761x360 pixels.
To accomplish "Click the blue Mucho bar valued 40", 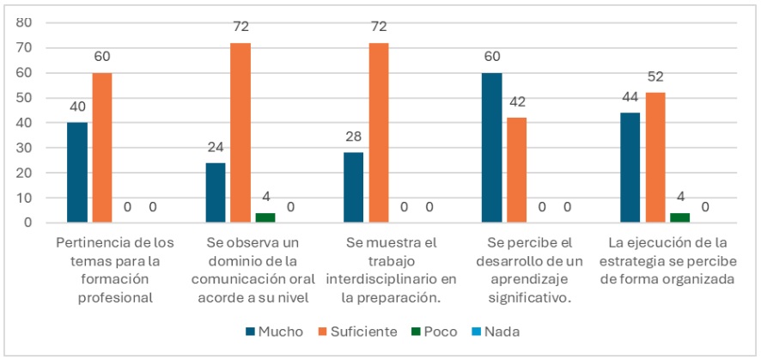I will pyautogui.click(x=77, y=172).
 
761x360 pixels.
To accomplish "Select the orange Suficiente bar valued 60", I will pyautogui.click(x=102, y=148).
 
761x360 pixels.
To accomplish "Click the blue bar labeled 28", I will pyautogui.click(x=353, y=187).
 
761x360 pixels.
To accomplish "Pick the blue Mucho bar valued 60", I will pyautogui.click(x=491, y=148).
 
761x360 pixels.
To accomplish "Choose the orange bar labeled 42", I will pyautogui.click(x=516, y=170).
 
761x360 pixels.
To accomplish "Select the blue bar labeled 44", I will pyautogui.click(x=630, y=168).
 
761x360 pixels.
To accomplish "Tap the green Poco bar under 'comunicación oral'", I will pyautogui.click(x=265, y=217).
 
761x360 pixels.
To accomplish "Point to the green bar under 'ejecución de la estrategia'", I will pyautogui.click(x=679, y=217).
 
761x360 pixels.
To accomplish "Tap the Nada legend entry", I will pyautogui.click(x=495, y=331).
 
